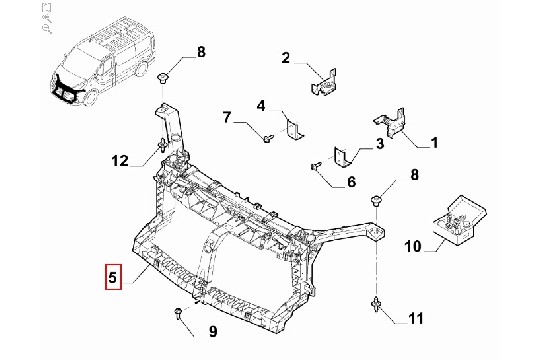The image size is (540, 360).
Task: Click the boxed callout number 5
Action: pyautogui.click(x=113, y=277)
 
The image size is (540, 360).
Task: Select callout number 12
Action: pyautogui.click(x=120, y=161)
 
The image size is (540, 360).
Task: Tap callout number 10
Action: pyautogui.click(x=413, y=246)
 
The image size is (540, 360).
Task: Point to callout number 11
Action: pyautogui.click(x=415, y=319)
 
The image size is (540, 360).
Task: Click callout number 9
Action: pyautogui.click(x=213, y=332)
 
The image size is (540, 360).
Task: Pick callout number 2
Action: pyautogui.click(x=285, y=58)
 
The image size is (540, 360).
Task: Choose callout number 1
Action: pyautogui.click(x=435, y=143)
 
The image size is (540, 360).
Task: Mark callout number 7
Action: pyautogui.click(x=227, y=117)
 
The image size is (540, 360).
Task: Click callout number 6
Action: pyautogui.click(x=351, y=182)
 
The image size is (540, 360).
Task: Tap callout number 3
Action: pyautogui.click(x=380, y=143)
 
